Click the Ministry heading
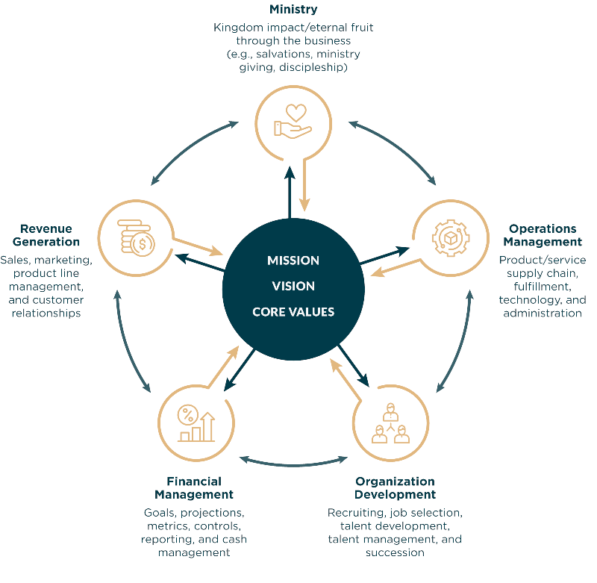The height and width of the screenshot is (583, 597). (293, 9)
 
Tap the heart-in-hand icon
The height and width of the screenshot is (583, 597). (293, 121)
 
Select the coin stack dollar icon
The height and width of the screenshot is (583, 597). (136, 237)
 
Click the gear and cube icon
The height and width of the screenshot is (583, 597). (451, 238)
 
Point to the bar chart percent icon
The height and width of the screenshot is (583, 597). (196, 423)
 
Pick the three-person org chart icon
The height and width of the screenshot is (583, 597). (390, 423)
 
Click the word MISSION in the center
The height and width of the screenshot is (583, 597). (293, 261)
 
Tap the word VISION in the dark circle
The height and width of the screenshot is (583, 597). (293, 286)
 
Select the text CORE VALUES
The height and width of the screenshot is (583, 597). (293, 312)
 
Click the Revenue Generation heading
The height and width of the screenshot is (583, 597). (46, 235)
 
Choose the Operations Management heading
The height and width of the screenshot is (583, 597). (543, 235)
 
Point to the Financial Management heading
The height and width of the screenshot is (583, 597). (194, 487)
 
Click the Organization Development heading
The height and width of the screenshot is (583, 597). (395, 487)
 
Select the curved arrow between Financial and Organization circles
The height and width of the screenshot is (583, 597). (293, 464)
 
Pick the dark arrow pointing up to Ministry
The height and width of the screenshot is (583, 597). (290, 193)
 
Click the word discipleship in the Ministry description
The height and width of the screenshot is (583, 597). (313, 67)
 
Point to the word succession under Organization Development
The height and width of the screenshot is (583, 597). (395, 552)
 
